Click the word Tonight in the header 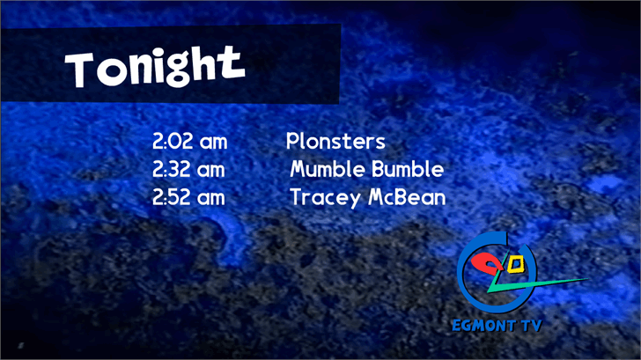pyautogui.click(x=155, y=67)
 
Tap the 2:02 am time pyautogui.click(x=189, y=142)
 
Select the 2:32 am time pyautogui.click(x=188, y=169)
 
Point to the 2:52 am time pyautogui.click(x=188, y=197)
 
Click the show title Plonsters pyautogui.click(x=335, y=142)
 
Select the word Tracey pyautogui.click(x=326, y=198)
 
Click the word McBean pyautogui.click(x=407, y=197)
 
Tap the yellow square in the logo pyautogui.click(x=515, y=265)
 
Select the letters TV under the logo pyautogui.click(x=532, y=326)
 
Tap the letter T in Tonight pyautogui.click(x=80, y=70)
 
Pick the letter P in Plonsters pyautogui.click(x=291, y=142)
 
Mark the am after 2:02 pyautogui.click(x=213, y=143)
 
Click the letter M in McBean pyautogui.click(x=377, y=197)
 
